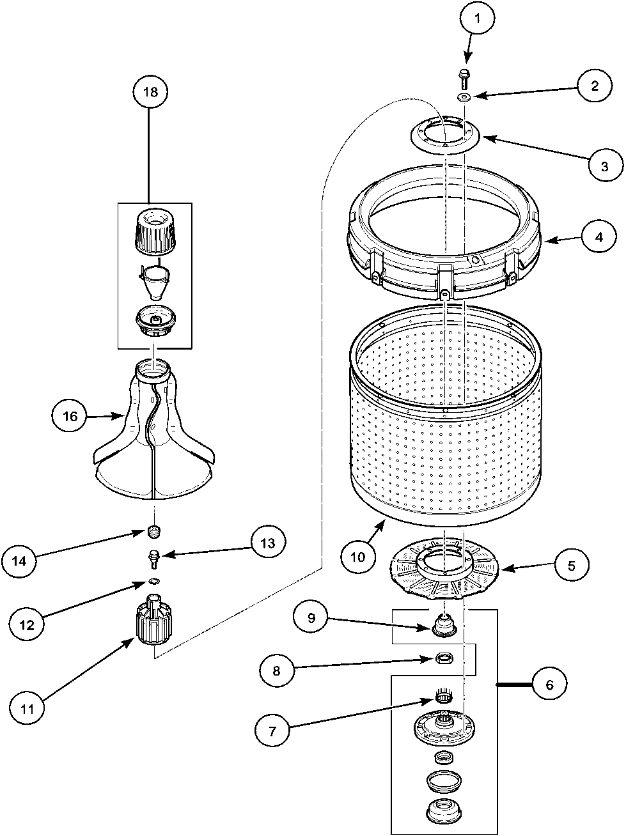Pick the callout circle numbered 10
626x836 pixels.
(x=357, y=556)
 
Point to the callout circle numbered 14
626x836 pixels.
(x=19, y=561)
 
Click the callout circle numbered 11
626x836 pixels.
(x=27, y=708)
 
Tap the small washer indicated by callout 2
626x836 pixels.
(x=464, y=97)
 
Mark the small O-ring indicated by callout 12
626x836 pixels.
(x=153, y=580)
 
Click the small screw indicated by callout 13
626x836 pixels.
(x=153, y=557)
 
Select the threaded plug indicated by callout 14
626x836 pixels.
(x=153, y=530)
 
